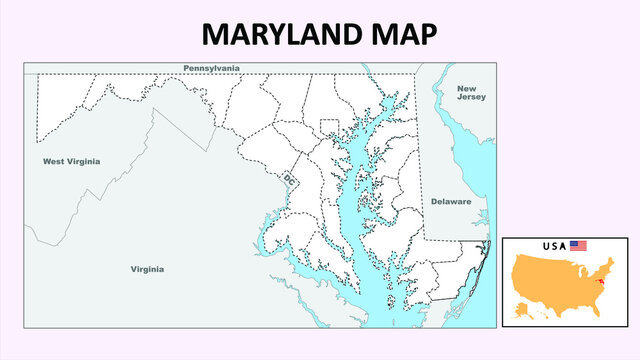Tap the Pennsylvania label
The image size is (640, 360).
tap(211, 68)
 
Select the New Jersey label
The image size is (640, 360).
tap(471, 93)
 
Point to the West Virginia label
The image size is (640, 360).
tap(71, 161)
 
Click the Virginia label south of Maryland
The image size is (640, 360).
tap(147, 269)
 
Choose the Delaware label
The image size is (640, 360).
tap(451, 201)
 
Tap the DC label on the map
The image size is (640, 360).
tap(289, 180)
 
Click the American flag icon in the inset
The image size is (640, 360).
tap(578, 245)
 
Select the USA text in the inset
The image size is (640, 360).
tap(554, 245)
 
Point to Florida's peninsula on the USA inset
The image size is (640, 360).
tap(596, 310)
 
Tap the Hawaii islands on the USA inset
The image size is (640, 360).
tap(553, 317)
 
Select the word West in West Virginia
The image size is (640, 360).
tap(54, 161)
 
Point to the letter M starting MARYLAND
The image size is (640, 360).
tap(215, 33)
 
